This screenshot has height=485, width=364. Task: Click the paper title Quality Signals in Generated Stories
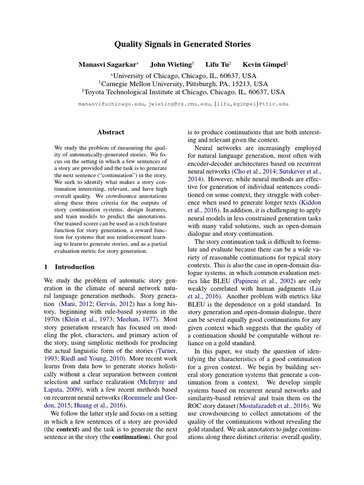click(182, 45)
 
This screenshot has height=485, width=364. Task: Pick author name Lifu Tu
click(217, 64)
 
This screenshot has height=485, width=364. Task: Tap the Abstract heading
click(110, 133)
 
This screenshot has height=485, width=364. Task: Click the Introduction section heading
click(74, 267)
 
